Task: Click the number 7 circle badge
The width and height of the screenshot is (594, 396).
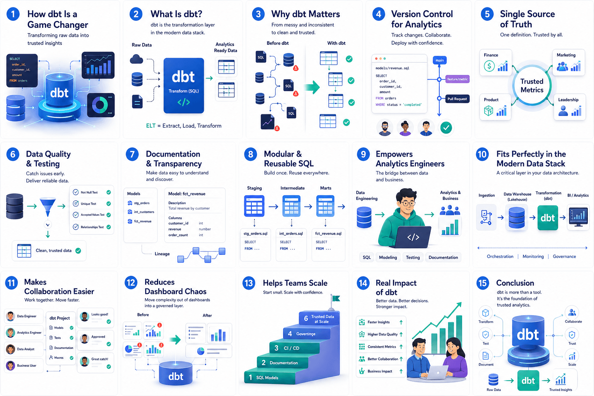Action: (x=132, y=155)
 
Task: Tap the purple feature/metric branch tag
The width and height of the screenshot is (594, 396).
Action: (x=457, y=79)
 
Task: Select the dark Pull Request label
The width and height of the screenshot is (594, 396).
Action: (x=457, y=99)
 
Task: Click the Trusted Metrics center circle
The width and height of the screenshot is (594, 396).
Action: (x=532, y=85)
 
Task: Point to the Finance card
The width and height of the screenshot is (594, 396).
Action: (x=495, y=62)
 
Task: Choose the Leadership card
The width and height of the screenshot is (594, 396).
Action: (x=569, y=106)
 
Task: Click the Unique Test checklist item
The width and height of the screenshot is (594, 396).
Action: (x=92, y=203)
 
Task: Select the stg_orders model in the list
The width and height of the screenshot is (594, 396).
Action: (x=141, y=203)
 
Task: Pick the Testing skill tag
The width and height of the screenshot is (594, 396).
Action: (x=413, y=258)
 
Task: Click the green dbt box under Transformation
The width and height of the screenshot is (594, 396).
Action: (x=548, y=218)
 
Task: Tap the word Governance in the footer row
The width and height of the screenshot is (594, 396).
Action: (x=564, y=256)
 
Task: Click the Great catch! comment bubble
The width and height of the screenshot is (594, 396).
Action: (x=96, y=362)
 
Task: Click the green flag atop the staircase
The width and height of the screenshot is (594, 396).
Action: (x=336, y=298)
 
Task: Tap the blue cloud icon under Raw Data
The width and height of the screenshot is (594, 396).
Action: (x=137, y=59)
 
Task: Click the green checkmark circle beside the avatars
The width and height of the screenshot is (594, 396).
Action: (x=446, y=128)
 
